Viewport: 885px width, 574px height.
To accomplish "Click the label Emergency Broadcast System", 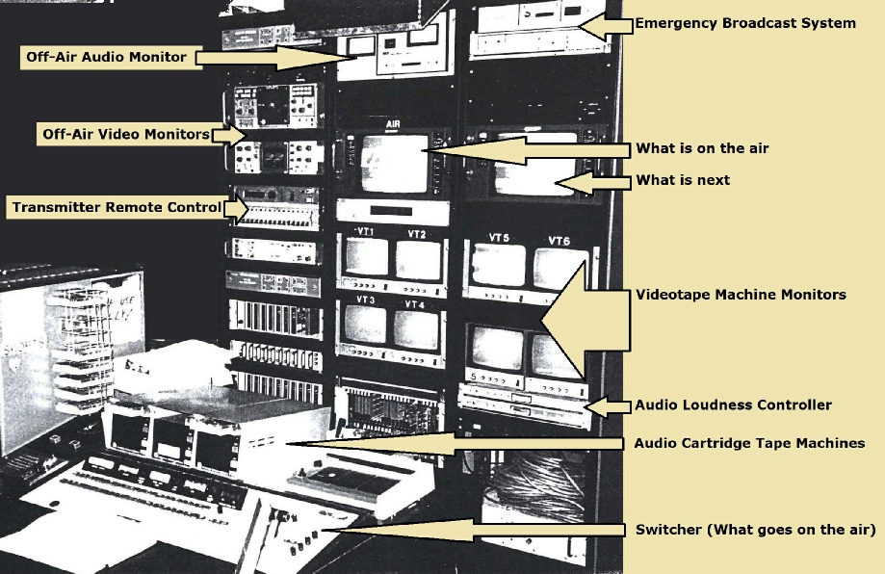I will [744, 23].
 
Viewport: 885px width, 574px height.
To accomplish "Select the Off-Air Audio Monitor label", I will [105, 57].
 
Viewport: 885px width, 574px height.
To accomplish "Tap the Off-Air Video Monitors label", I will [125, 135].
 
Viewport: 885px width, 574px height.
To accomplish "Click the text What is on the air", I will [702, 148].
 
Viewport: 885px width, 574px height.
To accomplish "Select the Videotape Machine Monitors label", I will [741, 295].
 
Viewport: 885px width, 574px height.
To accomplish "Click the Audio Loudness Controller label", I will [732, 405].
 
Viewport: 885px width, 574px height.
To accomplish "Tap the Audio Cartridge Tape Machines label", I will [749, 443].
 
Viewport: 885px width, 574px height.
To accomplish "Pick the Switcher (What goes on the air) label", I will [755, 530].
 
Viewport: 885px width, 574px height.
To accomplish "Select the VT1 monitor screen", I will [366, 259].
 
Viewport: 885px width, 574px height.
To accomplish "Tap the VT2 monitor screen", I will [417, 260].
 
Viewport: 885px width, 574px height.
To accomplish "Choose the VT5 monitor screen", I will [499, 266].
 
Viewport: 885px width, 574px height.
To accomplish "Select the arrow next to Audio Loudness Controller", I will [609, 406].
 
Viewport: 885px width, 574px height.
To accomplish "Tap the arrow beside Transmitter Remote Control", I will [235, 207].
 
